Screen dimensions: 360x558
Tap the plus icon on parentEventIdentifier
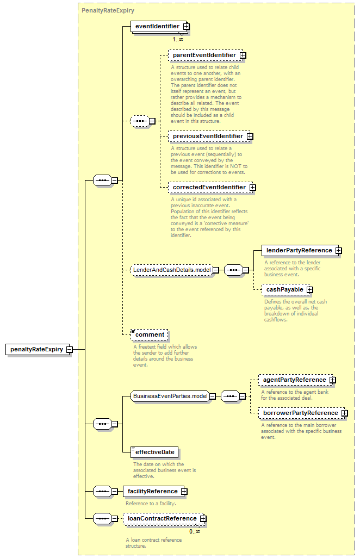pos(243,55)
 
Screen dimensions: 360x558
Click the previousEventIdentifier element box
pos(210,137)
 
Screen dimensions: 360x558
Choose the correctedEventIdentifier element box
pos(212,187)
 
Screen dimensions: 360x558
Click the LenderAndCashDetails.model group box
pos(175,270)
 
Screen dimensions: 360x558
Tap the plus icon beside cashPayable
pos(310,290)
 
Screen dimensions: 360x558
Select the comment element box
pos(150,335)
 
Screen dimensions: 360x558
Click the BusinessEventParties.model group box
pos(173,396)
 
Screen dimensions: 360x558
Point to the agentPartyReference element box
pos(297,380)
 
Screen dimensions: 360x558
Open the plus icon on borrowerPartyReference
pos(344,413)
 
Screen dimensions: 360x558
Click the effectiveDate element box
pos(154,452)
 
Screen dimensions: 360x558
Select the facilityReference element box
pos(155,492)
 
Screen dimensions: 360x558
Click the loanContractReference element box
pos(164,519)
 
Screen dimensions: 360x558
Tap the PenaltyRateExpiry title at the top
pos(108,10)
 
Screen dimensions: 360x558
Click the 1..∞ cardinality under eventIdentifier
pos(178,39)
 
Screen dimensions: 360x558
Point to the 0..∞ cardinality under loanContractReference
pos(195,532)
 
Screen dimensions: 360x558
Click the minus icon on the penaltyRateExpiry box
pos(70,350)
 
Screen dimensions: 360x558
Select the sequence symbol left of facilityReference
pos(102,492)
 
